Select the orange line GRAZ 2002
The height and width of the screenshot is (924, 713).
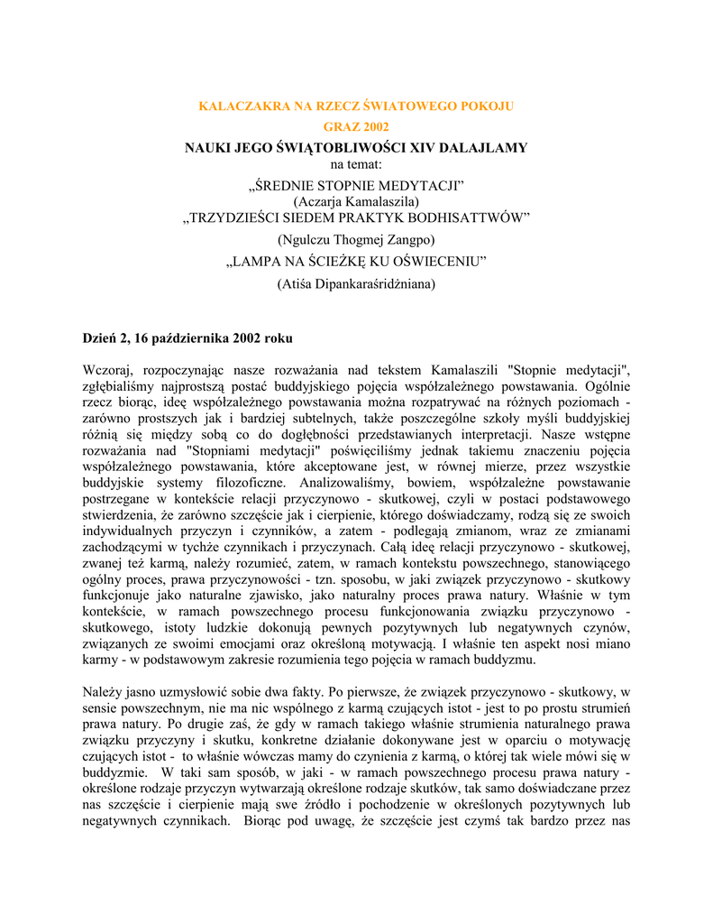click(x=356, y=127)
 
